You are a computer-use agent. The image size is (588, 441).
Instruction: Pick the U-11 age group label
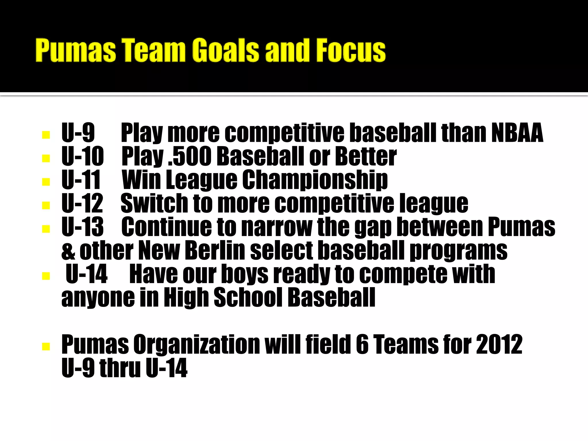[x=81, y=180]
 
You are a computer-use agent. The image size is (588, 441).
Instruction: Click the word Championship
[x=315, y=180]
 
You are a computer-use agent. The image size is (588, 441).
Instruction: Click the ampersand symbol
[x=68, y=251]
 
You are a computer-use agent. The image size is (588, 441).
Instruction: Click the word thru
[x=120, y=368]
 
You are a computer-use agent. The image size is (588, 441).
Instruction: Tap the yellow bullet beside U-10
[x=46, y=158]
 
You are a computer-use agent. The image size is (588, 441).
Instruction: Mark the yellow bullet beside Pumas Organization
[x=46, y=346]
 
